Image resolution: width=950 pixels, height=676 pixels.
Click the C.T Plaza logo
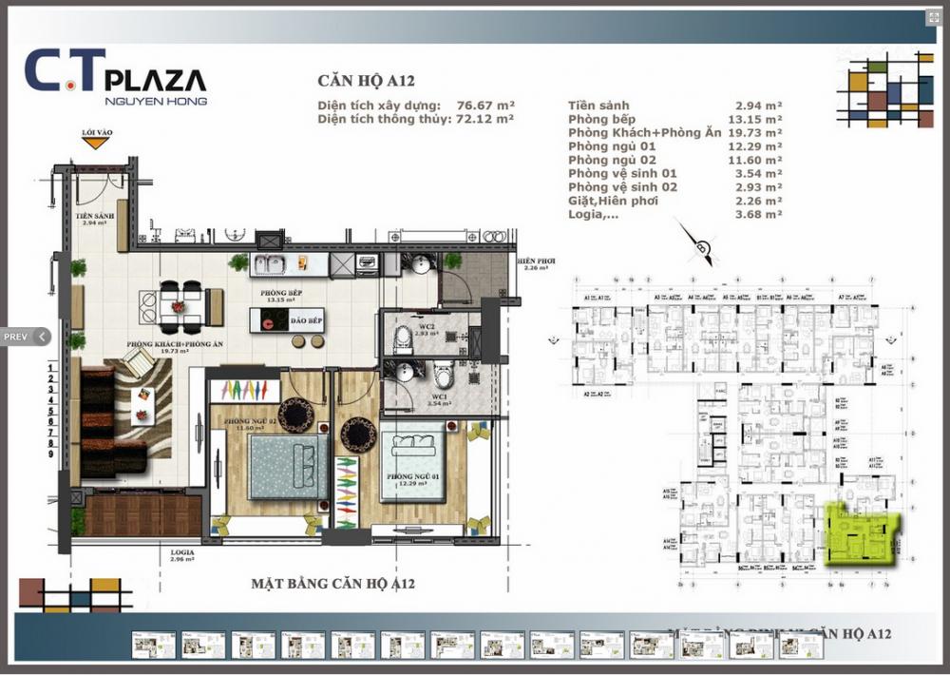pos(115,75)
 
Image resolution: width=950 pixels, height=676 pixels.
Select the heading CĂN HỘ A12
pos(366,82)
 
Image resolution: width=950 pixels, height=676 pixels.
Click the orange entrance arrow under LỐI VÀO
pos(93,144)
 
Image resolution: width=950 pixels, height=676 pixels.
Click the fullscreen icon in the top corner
pos(932,18)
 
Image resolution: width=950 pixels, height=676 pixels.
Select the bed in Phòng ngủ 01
pos(414,465)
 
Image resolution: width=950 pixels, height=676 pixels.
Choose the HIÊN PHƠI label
pos(535,260)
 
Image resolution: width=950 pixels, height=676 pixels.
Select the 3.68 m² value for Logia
pos(759,215)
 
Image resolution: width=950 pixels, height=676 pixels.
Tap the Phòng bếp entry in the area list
pos(602,119)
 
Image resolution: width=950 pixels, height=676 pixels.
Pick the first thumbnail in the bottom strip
pos(153,646)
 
